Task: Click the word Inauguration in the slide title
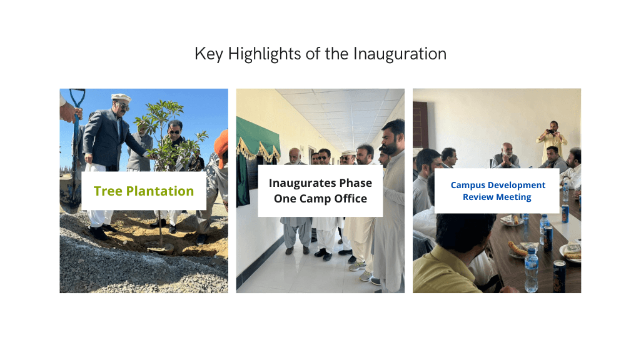pos(400,54)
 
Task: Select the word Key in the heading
pos(209,54)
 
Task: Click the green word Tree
pos(107,191)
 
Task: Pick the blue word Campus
pos(471,185)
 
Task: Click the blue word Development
pos(520,185)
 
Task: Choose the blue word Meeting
pos(514,197)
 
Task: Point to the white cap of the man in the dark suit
pos(121,97)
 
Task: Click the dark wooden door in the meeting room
pos(420,124)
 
